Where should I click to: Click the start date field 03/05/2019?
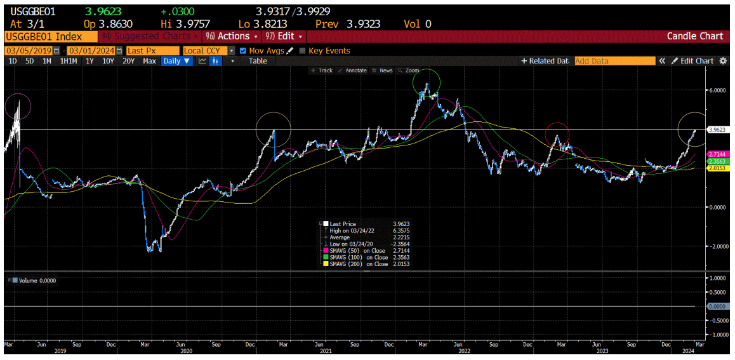(29, 50)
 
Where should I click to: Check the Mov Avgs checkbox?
(243, 51)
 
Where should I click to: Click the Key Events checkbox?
(302, 51)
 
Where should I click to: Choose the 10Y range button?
(109, 61)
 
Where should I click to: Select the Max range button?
(149, 61)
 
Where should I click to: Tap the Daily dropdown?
(176, 61)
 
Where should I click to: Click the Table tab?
(258, 61)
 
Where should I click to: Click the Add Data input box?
(614, 61)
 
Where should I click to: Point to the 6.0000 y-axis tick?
(718, 90)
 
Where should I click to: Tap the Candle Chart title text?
(694, 36)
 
